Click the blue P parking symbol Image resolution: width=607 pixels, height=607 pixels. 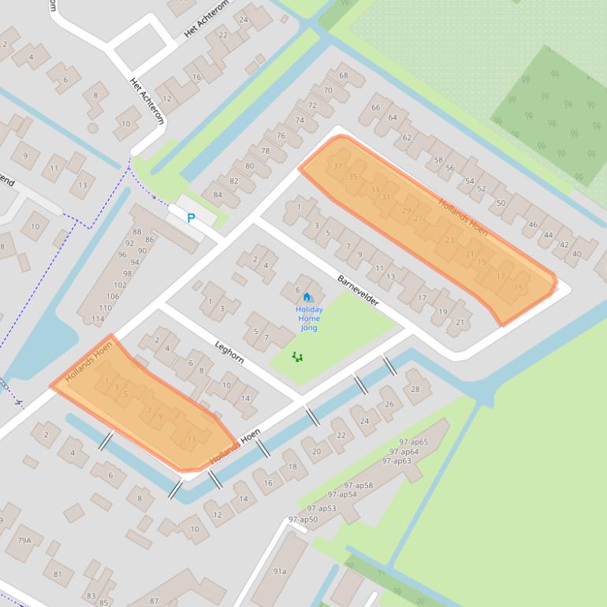coord(191,218)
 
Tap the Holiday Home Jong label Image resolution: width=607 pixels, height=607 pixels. coord(309,318)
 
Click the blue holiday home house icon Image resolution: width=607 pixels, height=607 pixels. coord(307,297)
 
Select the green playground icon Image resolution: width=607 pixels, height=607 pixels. coord(297,357)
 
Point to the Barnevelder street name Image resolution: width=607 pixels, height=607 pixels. coord(358,291)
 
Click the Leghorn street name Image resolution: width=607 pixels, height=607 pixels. coord(229,352)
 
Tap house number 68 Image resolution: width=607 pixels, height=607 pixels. coord(343,76)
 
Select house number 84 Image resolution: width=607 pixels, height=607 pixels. coord(217,194)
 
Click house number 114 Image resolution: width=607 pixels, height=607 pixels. coord(97,318)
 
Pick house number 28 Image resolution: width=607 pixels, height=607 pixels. coord(415,389)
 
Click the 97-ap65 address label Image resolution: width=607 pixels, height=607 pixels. coord(414,442)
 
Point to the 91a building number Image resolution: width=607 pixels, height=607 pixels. coord(280,571)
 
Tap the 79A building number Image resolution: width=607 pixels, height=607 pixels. coord(24,540)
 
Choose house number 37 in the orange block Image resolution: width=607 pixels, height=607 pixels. coord(337,166)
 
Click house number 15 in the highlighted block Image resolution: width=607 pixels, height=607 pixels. coord(518,288)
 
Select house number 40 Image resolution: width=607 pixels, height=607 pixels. coord(577,254)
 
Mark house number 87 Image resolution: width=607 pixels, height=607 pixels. coord(154,601)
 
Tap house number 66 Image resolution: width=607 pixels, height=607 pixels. coord(375,108)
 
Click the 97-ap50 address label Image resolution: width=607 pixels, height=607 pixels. coord(303,519)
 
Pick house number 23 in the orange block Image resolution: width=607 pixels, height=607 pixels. coord(449,240)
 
